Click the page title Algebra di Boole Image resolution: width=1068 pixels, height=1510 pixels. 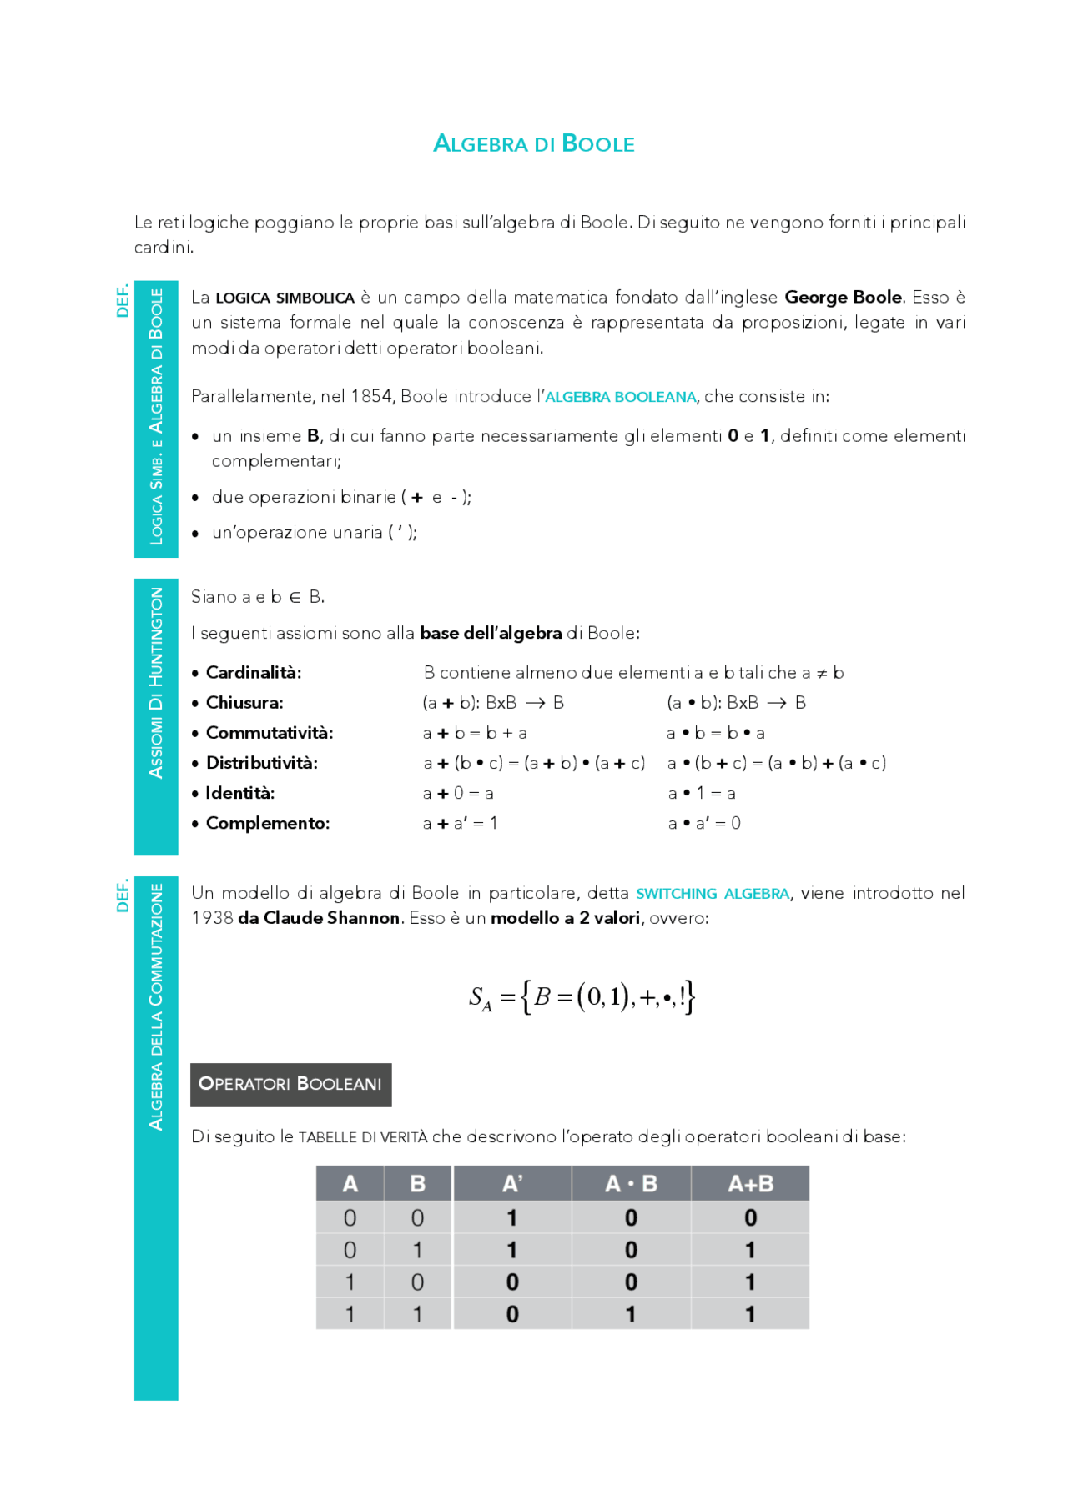pos(534,143)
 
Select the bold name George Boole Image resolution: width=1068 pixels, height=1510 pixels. pos(843,298)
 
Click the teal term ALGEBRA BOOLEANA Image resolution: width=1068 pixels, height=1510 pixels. pos(620,397)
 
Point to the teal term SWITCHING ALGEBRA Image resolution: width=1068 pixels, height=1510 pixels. pos(713,894)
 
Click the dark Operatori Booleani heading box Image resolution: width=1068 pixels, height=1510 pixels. pos(290,1084)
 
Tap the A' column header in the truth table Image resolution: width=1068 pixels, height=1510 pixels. pos(512,1183)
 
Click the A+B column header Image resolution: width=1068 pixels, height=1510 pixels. pos(750,1183)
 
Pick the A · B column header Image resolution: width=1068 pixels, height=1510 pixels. pos(631,1183)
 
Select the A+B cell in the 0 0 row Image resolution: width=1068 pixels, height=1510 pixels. pos(750,1218)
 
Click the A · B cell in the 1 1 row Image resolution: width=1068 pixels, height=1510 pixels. pos(631,1314)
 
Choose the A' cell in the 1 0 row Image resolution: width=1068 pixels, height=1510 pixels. pos(512,1282)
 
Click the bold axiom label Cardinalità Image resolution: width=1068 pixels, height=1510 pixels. pos(254,673)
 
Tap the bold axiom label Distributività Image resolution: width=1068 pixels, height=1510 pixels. pos(261,763)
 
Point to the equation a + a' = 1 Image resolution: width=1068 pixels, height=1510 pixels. pos(460,824)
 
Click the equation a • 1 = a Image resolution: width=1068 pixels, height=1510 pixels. pos(701,794)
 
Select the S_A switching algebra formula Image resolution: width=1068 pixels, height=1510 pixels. pos(582,997)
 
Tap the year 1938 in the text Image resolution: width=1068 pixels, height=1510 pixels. pos(212,918)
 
